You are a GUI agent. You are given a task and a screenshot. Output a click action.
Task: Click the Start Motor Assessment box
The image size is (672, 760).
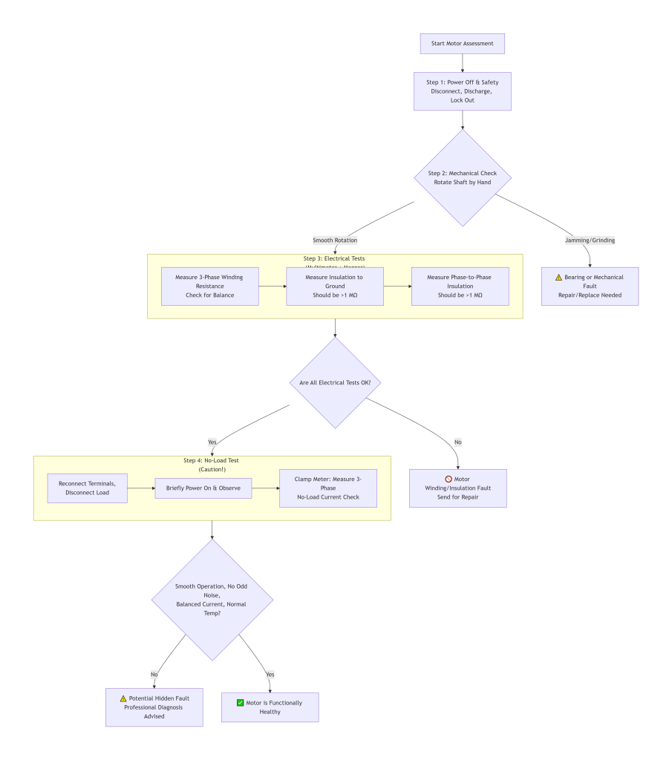(x=462, y=43)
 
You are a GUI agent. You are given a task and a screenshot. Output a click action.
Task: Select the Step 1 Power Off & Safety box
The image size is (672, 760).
(x=462, y=91)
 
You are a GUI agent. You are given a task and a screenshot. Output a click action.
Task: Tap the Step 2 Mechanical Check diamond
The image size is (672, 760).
(x=462, y=178)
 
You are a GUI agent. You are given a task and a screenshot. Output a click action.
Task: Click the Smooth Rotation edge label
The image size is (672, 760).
(x=336, y=240)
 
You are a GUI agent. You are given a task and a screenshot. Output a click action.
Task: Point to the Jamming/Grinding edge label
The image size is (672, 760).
(x=590, y=240)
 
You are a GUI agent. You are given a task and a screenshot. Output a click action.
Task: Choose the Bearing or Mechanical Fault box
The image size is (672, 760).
(x=590, y=286)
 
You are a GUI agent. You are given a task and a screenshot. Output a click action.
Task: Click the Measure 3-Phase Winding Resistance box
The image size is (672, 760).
(x=209, y=286)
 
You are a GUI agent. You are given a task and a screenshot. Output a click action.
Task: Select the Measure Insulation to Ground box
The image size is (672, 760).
(x=335, y=286)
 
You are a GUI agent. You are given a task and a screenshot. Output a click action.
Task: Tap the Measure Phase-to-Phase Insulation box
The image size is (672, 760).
(x=460, y=286)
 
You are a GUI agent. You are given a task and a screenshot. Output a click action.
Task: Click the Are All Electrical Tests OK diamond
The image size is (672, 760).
(x=335, y=382)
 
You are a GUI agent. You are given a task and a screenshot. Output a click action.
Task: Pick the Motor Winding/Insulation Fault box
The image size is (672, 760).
(x=457, y=488)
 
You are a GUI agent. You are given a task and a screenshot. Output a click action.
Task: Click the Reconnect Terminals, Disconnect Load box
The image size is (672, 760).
(x=87, y=488)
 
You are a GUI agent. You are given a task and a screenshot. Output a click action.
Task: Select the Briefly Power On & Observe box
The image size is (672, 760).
(x=203, y=488)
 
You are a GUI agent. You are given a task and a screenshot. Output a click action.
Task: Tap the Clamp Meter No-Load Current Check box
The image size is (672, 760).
(x=327, y=488)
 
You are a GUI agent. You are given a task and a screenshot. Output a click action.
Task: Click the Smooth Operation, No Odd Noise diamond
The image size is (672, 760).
(x=212, y=600)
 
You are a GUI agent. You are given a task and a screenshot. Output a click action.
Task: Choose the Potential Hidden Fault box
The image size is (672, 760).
(x=154, y=707)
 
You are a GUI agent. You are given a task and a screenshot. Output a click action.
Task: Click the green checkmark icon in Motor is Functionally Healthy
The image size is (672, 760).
(x=240, y=702)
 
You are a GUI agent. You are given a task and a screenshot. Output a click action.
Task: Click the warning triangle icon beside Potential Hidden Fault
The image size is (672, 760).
(x=123, y=698)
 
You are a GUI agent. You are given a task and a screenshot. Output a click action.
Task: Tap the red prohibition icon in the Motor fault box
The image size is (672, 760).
(x=448, y=479)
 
